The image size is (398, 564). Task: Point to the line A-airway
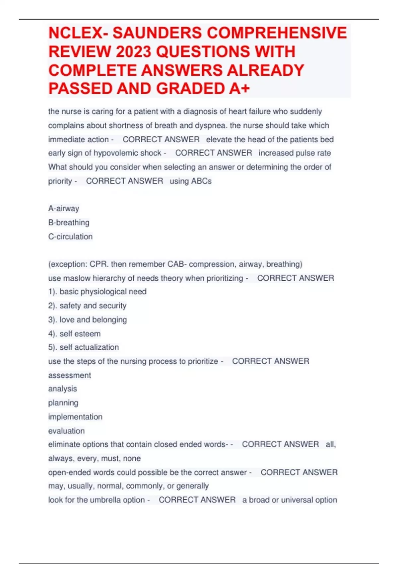64,209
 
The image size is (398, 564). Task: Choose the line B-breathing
69,223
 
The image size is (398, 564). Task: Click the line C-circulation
70,237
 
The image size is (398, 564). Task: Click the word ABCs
201,181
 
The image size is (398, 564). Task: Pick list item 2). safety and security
87,306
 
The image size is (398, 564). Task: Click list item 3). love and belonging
88,320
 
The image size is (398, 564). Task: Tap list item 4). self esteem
74,334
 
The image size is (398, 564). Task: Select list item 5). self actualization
83,347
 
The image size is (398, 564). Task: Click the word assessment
69,375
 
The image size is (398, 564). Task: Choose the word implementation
75,417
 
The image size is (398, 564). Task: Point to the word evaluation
66,431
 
